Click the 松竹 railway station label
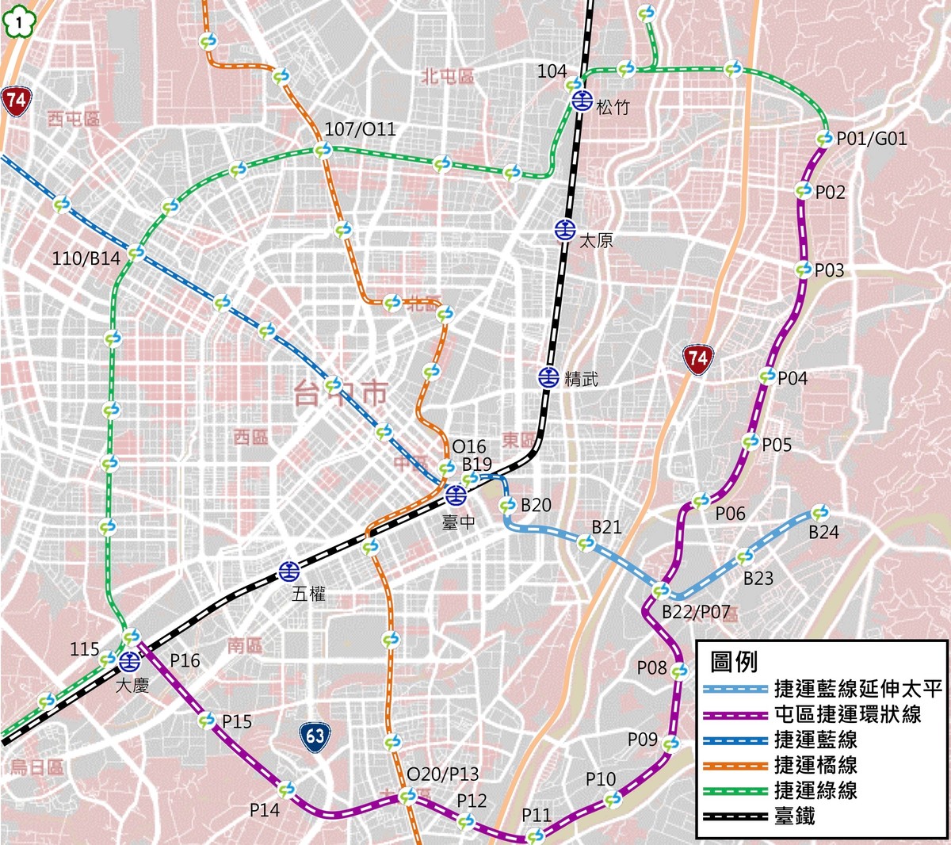[x=613, y=107]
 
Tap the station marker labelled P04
[x=767, y=377]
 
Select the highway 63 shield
[x=315, y=736]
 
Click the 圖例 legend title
[x=734, y=662]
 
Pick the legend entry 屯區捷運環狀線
[x=847, y=714]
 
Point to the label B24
[x=823, y=533]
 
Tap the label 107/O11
[x=360, y=129]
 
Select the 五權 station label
[x=308, y=593]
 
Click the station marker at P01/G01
[x=824, y=140]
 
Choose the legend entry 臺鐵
[x=794, y=816]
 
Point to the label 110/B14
[x=86, y=258]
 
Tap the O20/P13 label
[x=442, y=774]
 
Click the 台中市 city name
[x=341, y=393]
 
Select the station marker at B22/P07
[x=660, y=591]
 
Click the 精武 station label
[x=581, y=379]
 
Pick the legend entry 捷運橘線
[x=815, y=765]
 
